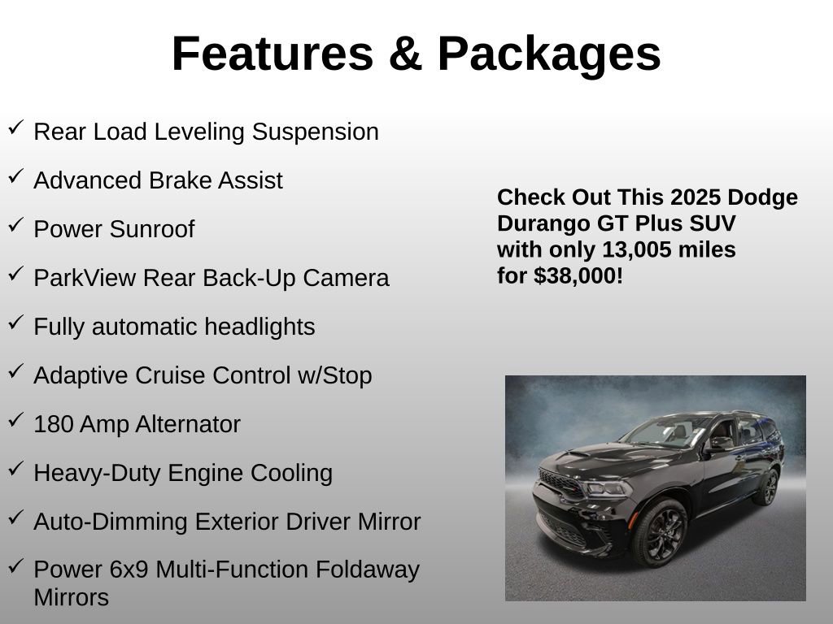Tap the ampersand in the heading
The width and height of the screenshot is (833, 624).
tap(405, 54)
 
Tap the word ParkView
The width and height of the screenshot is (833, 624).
tap(85, 278)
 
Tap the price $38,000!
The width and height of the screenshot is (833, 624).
tap(578, 275)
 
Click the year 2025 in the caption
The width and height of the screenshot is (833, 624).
tap(696, 197)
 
